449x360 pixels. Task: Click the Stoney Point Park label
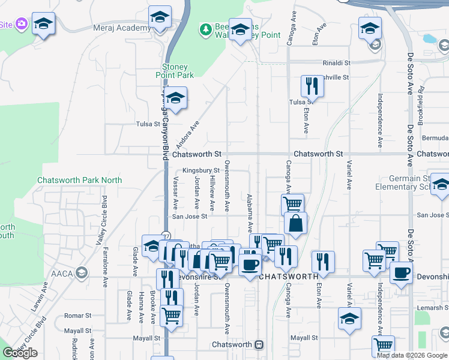(x=178, y=71)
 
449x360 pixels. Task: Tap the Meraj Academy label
(x=122, y=28)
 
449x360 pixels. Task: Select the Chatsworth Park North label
(x=79, y=180)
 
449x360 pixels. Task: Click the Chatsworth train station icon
(x=259, y=345)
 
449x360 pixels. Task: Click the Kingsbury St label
(x=201, y=171)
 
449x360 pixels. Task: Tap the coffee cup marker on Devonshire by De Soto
(x=401, y=272)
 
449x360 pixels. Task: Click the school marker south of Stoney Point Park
(x=175, y=98)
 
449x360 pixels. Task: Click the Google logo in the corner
(x=20, y=353)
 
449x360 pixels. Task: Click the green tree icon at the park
(x=206, y=29)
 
